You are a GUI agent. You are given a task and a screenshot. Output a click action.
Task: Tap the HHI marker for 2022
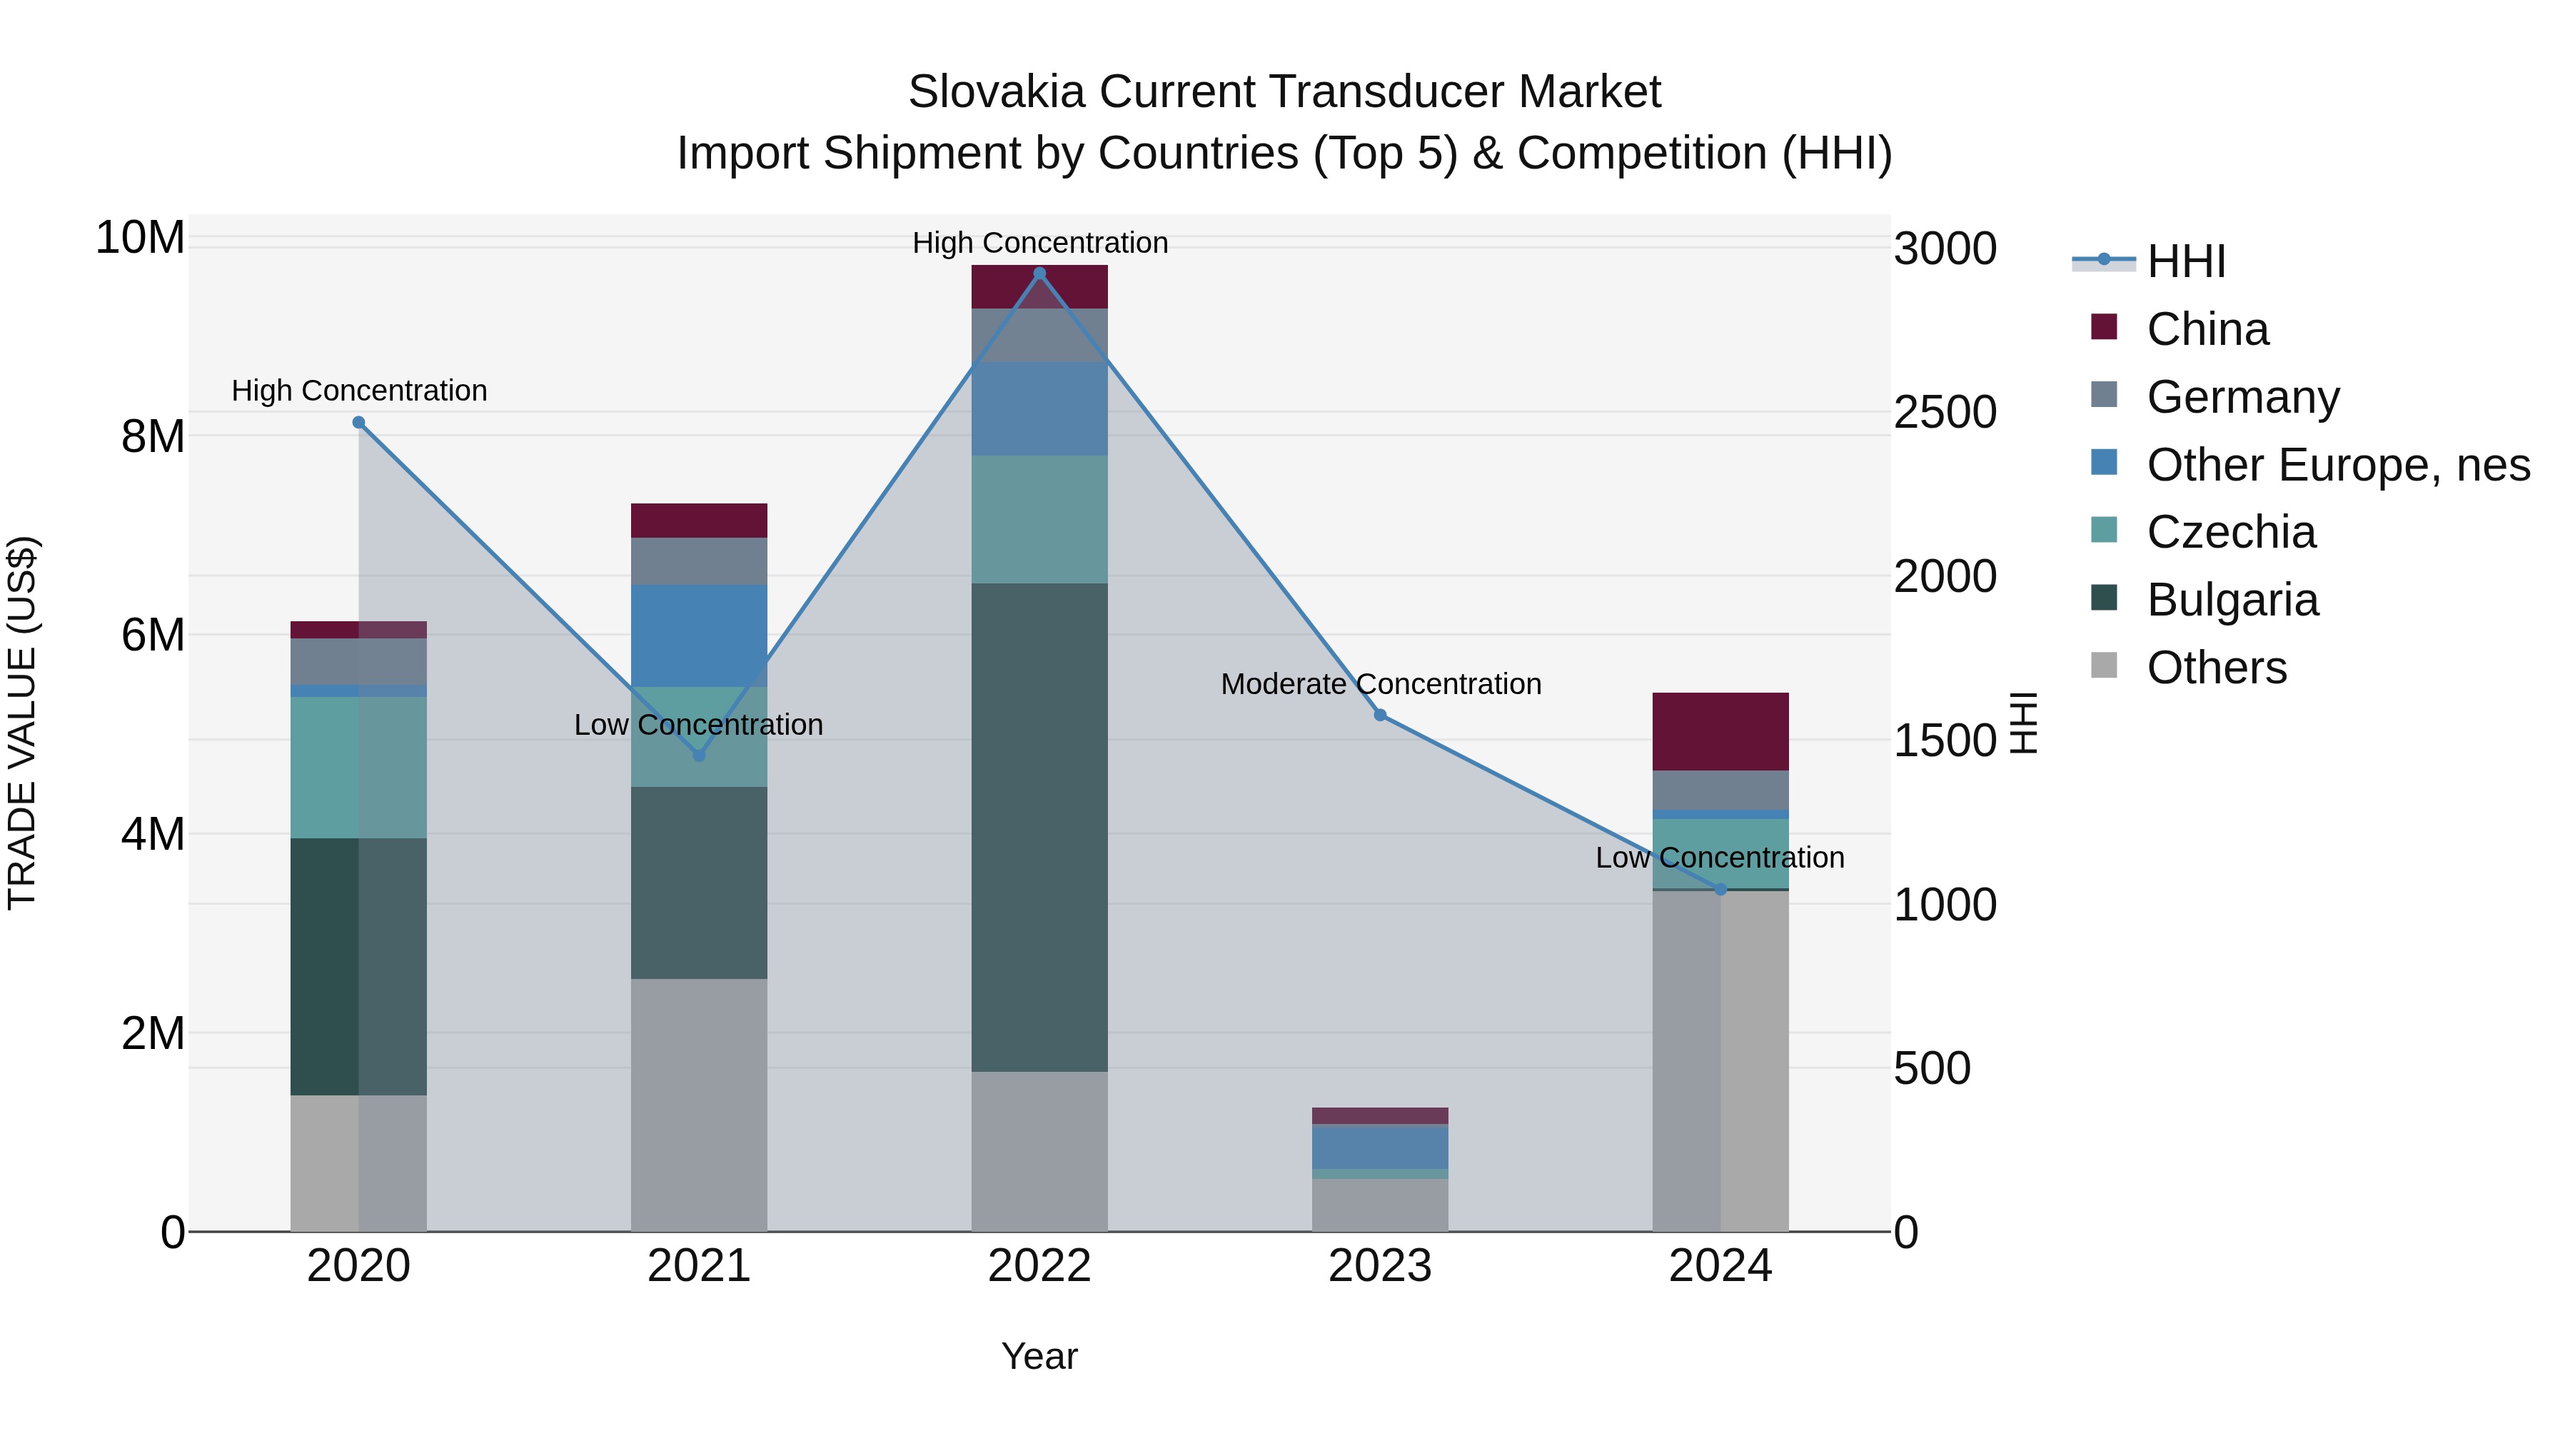[1039, 273]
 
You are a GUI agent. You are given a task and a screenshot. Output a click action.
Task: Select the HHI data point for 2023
[1380, 716]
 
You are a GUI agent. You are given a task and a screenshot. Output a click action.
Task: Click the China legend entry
[2207, 329]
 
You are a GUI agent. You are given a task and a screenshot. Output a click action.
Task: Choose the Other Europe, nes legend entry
[2337, 465]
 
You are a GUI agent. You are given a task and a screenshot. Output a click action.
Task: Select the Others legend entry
[2216, 668]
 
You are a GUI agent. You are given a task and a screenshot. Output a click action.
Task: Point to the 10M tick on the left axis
[140, 239]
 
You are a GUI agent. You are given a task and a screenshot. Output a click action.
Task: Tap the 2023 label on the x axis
[1380, 1266]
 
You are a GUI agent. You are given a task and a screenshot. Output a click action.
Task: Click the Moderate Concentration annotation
[1381, 685]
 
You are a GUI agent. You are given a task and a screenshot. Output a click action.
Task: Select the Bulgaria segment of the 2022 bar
[1039, 828]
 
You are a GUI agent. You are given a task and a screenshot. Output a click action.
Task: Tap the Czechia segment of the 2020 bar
[359, 768]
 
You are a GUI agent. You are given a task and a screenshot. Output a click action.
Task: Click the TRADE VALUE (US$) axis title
[22, 723]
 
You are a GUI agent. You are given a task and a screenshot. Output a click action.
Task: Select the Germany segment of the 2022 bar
[1039, 336]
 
